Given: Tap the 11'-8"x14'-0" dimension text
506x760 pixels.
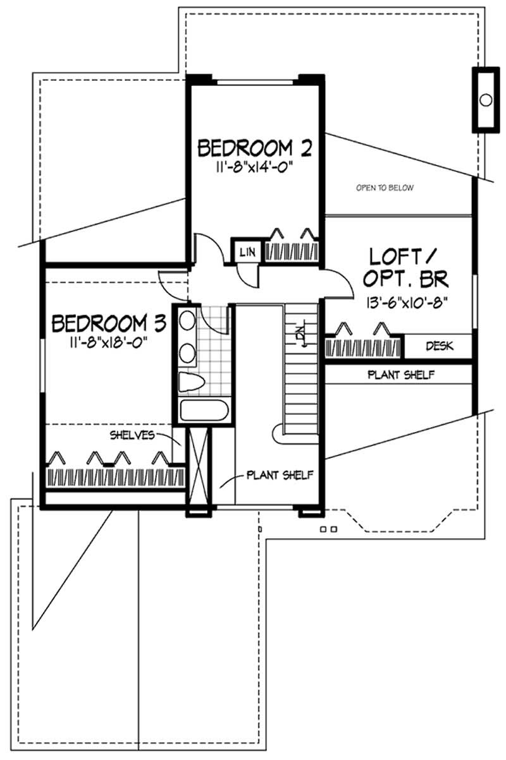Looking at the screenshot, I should click(x=255, y=169).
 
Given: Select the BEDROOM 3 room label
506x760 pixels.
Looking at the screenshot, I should click(x=108, y=323).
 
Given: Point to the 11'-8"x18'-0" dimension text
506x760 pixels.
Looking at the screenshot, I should click(x=108, y=343).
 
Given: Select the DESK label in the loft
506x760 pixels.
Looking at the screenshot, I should click(x=438, y=346).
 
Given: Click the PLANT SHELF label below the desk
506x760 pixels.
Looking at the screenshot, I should click(x=400, y=375).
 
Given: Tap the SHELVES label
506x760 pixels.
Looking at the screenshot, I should click(x=132, y=435).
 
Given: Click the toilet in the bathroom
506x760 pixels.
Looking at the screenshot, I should click(x=190, y=382).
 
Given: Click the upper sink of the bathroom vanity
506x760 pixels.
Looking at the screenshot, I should click(x=187, y=321).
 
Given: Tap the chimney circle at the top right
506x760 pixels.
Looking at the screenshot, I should click(x=486, y=99).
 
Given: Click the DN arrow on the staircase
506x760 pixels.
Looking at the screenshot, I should click(x=302, y=335).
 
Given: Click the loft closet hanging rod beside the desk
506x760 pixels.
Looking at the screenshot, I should click(x=362, y=347).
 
